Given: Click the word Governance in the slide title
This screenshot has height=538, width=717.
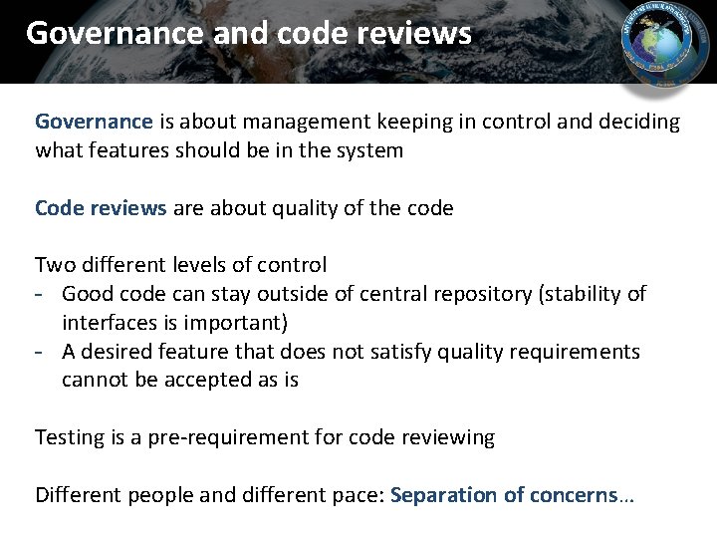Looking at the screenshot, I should click(114, 33).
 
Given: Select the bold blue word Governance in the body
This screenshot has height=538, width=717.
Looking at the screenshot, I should click(94, 122).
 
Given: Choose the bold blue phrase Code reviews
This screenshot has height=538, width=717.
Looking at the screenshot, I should click(101, 208).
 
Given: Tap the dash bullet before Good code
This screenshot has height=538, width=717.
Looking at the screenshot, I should click(43, 294).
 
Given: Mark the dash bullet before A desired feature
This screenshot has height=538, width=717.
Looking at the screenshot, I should click(43, 352).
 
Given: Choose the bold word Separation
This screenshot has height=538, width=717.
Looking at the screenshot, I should click(443, 495).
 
